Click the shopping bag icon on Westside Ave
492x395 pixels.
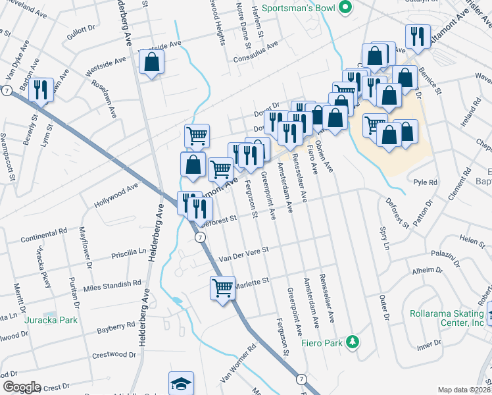pos(151,63)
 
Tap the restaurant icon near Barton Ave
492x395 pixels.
pos(41,90)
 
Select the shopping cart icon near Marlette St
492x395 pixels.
pos(223,287)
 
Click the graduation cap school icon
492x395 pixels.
pos(182,384)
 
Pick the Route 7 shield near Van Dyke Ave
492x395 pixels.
pos(6,90)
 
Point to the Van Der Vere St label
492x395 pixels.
pos(244,253)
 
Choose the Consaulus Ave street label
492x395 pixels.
pos(257,51)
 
